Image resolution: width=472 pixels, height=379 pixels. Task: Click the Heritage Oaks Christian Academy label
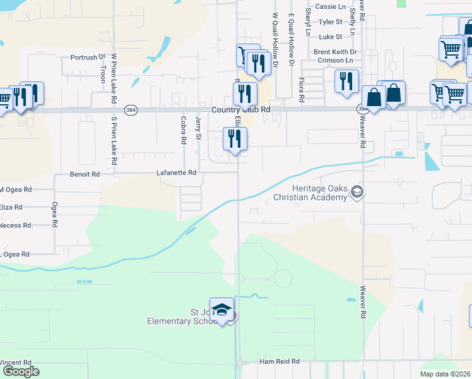tap(310, 193)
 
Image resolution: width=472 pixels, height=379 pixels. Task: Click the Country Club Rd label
tap(241, 109)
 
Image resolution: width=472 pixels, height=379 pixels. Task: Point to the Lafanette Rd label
tap(176, 172)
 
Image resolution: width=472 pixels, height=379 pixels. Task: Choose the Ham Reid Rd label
tap(280, 362)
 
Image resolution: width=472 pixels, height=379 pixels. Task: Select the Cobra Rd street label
tap(183, 129)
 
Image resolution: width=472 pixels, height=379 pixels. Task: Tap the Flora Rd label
tap(301, 90)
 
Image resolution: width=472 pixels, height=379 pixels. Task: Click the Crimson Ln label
tap(331, 61)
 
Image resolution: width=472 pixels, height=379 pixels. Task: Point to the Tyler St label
tap(330, 21)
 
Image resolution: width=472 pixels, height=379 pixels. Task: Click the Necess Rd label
tap(15, 225)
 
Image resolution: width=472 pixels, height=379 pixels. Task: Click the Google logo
tap(20, 371)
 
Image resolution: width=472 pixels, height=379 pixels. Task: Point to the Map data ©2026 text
tap(445, 374)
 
